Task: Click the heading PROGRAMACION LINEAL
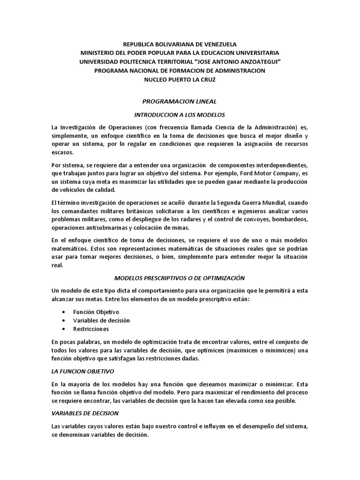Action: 180,101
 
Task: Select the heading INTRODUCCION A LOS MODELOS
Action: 180,114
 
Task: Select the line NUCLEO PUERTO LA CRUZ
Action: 180,79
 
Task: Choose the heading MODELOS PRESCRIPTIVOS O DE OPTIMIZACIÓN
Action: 180,278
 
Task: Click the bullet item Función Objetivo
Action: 96,312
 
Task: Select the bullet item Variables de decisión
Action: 101,320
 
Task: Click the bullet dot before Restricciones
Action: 63,329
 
